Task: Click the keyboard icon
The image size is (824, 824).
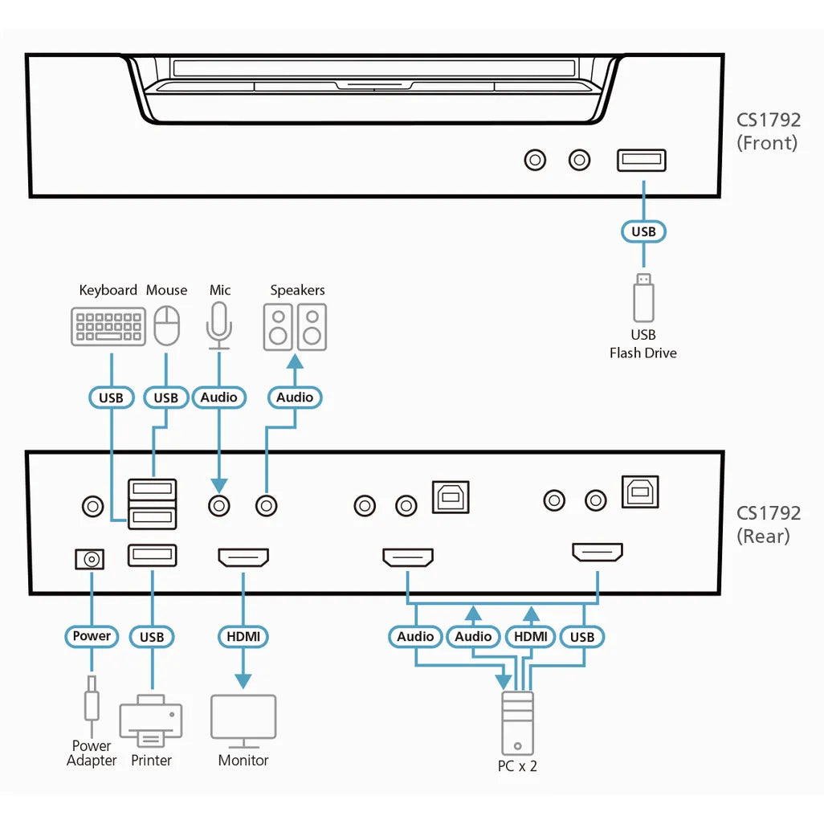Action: click(108, 328)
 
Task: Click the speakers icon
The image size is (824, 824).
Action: click(296, 327)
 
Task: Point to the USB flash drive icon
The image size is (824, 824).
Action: click(643, 299)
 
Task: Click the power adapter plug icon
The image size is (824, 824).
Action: click(92, 699)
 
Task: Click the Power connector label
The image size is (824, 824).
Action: click(92, 636)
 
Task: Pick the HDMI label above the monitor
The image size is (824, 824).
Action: click(243, 637)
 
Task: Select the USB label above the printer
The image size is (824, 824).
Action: click(151, 637)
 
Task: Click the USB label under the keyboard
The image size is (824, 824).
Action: click(111, 398)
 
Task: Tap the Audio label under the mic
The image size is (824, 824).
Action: click(218, 398)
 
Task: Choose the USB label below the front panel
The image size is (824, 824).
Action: click(643, 231)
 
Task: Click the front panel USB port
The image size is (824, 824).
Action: click(641, 161)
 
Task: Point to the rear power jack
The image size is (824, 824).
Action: click(89, 559)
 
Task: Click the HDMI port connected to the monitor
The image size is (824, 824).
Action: click(243, 557)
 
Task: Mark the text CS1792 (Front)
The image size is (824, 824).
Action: click(768, 132)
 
